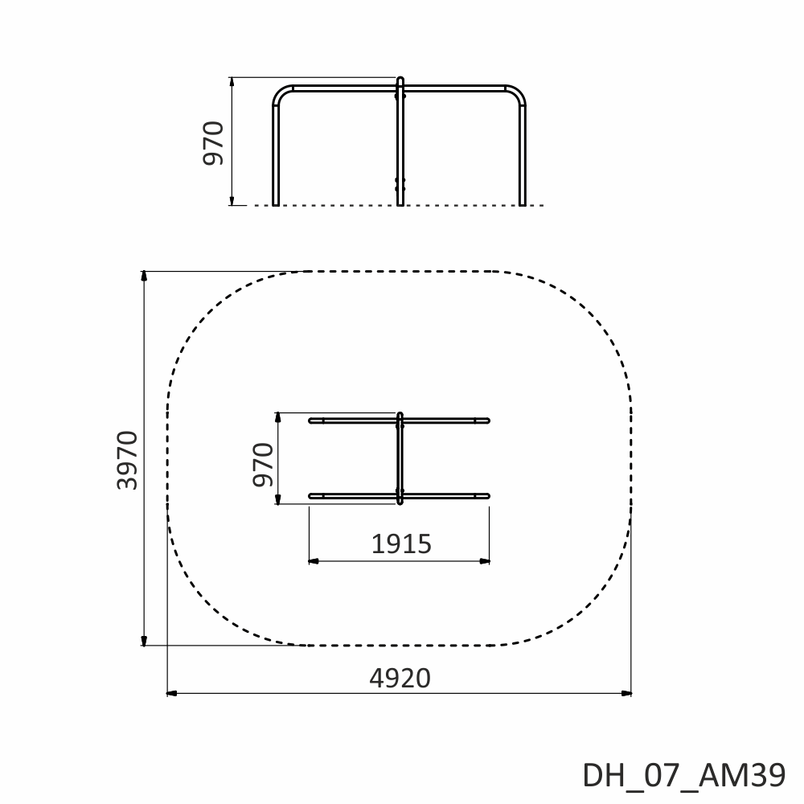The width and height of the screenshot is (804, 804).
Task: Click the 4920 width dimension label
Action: point(400,679)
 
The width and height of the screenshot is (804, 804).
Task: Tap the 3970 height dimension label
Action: point(127,461)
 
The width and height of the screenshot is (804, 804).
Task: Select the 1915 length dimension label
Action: point(401,544)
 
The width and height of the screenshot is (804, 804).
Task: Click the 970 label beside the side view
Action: point(213,143)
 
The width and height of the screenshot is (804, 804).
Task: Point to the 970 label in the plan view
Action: point(263,465)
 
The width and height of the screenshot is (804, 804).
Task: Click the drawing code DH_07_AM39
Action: point(684,775)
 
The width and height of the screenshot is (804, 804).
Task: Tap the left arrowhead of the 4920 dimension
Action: point(172,693)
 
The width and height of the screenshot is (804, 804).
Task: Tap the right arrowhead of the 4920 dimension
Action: point(626,693)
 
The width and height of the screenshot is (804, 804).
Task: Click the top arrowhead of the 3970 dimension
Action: point(144,276)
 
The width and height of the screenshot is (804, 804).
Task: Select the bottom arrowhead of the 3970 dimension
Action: point(144,641)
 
